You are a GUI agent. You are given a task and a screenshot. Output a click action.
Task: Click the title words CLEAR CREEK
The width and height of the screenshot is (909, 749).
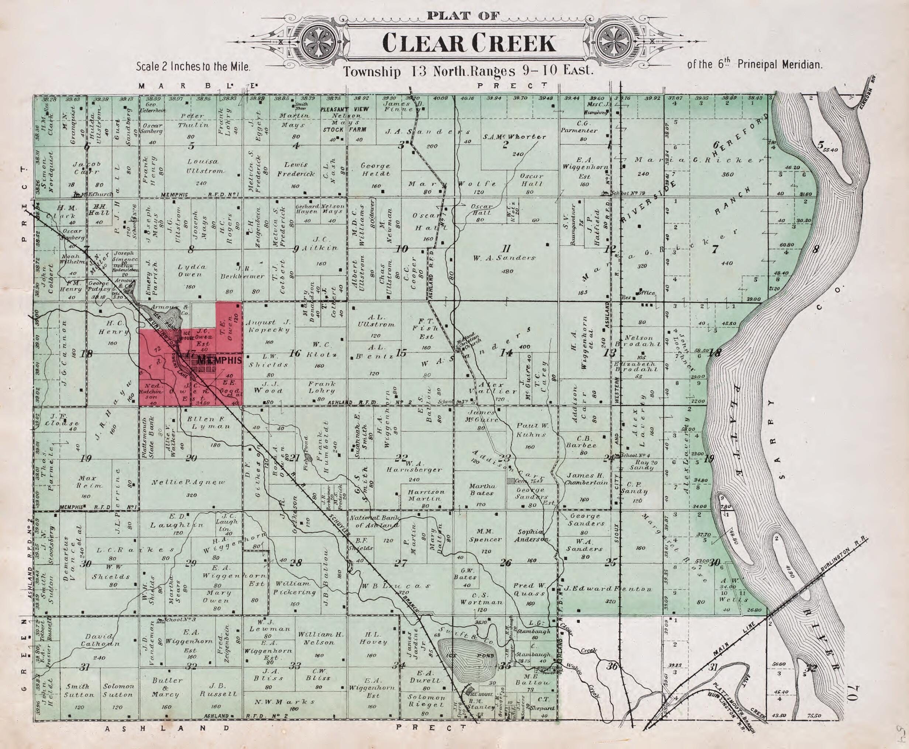pyautogui.click(x=469, y=43)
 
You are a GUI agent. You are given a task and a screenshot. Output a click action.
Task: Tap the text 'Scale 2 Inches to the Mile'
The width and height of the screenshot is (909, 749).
pyautogui.click(x=193, y=67)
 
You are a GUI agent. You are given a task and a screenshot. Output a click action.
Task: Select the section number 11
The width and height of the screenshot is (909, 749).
pyautogui.click(x=506, y=248)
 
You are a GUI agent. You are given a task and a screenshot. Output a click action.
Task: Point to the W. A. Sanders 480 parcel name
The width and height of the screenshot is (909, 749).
pyautogui.click(x=503, y=258)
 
